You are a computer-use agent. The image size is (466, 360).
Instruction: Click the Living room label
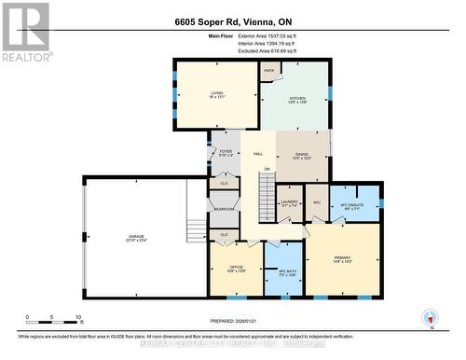(x=215, y=93)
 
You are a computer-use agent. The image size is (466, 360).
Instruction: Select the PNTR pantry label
(x=268, y=72)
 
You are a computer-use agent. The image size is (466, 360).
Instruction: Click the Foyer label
(x=226, y=153)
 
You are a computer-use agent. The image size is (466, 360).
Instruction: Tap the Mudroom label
(x=224, y=209)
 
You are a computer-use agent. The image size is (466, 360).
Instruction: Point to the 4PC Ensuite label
(x=355, y=207)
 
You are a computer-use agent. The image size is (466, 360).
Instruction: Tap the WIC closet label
(x=317, y=202)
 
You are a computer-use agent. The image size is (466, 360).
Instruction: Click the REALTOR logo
(x=24, y=33)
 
